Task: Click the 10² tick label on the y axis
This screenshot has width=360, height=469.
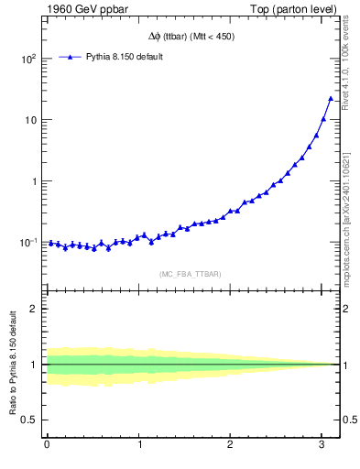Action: (27, 59)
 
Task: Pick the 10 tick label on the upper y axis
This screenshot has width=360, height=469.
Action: (30, 120)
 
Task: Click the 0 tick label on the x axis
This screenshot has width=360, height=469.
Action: (47, 445)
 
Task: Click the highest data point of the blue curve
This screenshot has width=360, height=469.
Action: (331, 98)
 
